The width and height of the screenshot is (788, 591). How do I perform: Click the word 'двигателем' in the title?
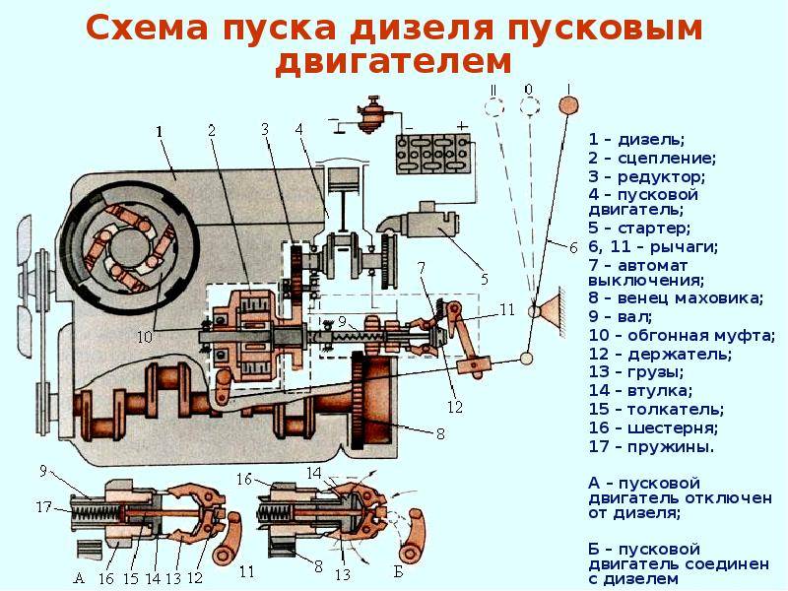393,61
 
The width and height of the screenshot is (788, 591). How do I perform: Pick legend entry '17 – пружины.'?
651,446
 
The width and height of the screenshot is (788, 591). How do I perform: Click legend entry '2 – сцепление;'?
652,158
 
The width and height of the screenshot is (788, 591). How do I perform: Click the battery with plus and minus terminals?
429,154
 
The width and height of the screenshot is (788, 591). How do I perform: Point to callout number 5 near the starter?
485,279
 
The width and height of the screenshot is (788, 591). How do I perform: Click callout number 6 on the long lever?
573,248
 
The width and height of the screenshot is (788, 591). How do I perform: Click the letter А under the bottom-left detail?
80,579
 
